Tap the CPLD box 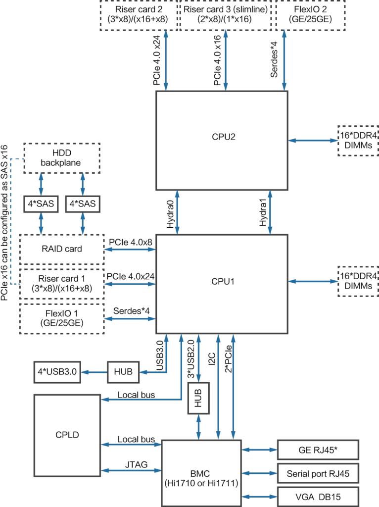click(x=67, y=434)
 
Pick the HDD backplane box click(x=62, y=158)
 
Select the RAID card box click(x=62, y=249)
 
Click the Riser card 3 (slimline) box click(x=226, y=15)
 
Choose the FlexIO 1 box click(x=62, y=318)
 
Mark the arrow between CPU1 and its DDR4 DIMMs click(x=313, y=281)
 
